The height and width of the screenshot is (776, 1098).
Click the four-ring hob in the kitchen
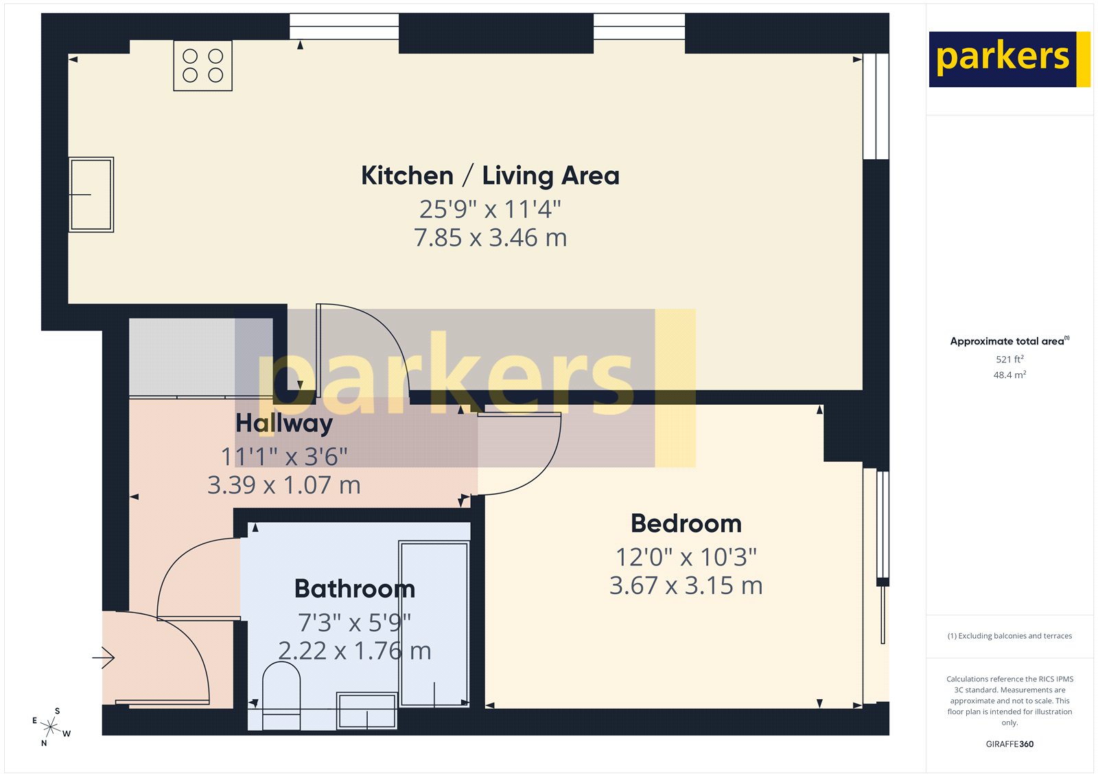(202, 66)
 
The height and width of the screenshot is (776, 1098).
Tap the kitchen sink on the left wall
(91, 195)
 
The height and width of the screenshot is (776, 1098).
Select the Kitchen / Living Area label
(490, 176)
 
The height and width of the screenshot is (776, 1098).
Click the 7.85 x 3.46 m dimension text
(490, 238)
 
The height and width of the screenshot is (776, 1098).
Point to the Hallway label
(284, 423)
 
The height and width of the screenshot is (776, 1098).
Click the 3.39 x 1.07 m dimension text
(284, 485)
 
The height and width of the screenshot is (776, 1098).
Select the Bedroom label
(686, 524)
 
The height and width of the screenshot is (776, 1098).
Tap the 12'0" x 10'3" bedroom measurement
(686, 556)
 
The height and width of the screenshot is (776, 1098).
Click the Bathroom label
(354, 589)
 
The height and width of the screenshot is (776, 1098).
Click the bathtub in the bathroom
(434, 623)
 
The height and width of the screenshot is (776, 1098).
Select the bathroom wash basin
(366, 711)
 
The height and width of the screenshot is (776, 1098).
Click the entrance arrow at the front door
(104, 658)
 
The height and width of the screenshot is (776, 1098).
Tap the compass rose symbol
(51, 727)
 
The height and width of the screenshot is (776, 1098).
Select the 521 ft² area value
(1009, 360)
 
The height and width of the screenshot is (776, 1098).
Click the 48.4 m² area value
(1009, 375)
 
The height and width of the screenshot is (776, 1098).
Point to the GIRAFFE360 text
(1009, 744)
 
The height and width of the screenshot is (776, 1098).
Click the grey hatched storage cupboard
(182, 357)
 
